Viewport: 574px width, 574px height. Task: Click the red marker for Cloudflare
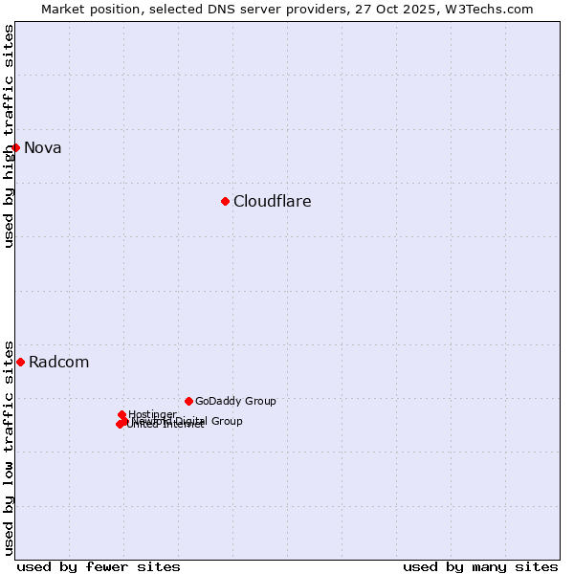225,201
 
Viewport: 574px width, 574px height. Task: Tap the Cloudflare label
273,201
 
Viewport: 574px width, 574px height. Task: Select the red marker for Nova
16,147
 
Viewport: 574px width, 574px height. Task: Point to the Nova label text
43,147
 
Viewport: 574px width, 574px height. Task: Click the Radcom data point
20,362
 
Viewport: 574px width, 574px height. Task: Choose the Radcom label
59,362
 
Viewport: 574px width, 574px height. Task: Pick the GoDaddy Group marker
188,401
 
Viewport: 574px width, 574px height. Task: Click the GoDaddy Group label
235,401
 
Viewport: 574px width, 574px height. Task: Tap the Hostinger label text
152,414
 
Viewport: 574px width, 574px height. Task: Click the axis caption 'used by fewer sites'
99,566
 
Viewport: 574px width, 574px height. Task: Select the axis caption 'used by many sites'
480,566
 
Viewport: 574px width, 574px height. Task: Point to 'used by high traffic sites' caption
10,136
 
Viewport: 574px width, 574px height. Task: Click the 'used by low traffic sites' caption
10,447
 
